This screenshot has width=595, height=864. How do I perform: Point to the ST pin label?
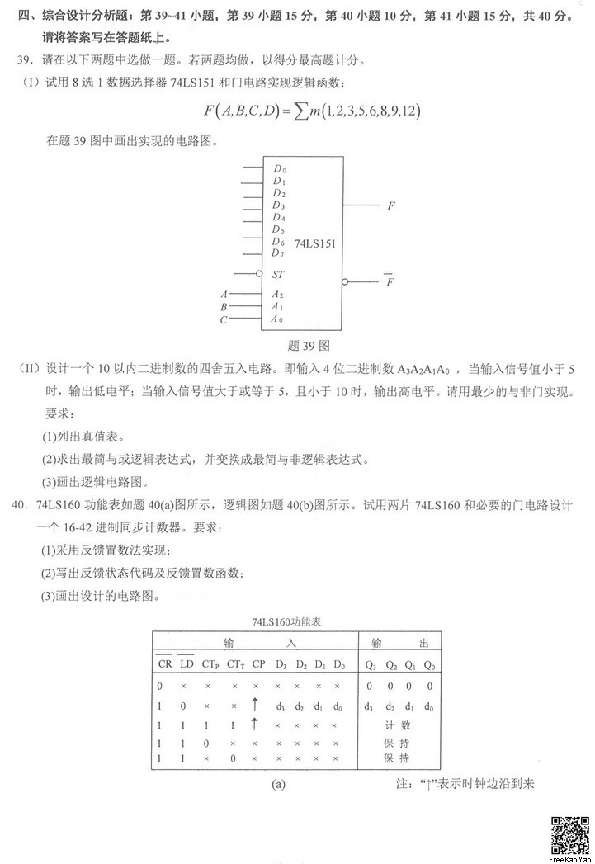pos(278,273)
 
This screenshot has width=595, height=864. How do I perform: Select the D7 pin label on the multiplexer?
pos(278,253)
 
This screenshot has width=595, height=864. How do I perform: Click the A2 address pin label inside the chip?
pos(277,294)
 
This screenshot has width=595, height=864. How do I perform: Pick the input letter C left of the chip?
pos(223,319)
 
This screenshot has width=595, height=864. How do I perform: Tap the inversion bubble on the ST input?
pos(260,273)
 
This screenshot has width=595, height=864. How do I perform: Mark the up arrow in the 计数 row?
pos(255,724)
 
